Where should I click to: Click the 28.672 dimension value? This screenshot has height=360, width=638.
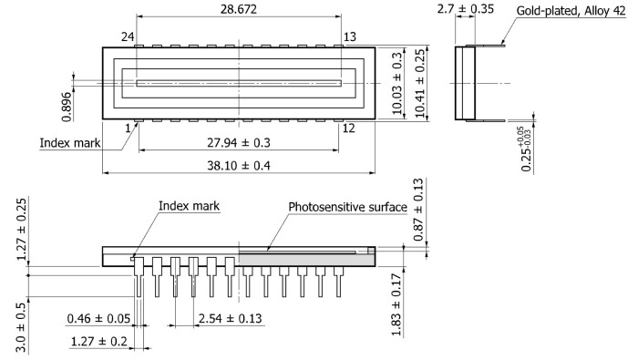tap(239, 9)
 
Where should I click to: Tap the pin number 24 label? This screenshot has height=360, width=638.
tap(128, 37)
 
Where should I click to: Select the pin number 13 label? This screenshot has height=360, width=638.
tap(350, 37)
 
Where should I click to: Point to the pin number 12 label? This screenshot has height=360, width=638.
tap(349, 129)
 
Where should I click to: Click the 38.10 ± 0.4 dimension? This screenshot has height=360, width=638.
tap(239, 166)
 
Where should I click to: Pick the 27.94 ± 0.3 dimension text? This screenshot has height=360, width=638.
tap(239, 143)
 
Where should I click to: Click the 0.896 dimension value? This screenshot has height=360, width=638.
tap(67, 107)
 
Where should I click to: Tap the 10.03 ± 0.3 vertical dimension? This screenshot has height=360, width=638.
tap(396, 83)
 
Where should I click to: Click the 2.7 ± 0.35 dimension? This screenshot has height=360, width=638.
tap(466, 8)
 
